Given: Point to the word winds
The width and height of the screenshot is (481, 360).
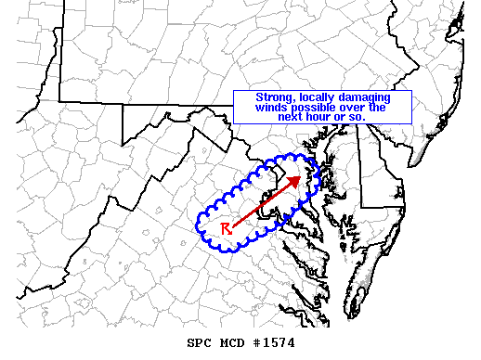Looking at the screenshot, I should (258, 108).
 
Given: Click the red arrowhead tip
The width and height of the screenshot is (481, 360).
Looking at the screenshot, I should (300, 175).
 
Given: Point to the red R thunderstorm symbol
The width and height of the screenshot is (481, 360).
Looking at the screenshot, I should (226, 228).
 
